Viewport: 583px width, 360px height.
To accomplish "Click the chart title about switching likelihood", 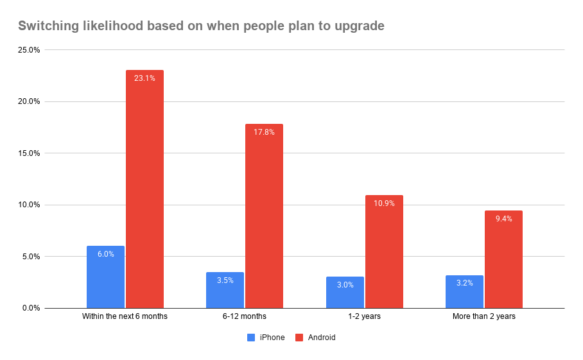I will [200, 26].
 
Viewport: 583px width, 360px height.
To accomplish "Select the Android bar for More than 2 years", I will [503, 259].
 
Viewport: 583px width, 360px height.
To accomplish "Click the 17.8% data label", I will [264, 132].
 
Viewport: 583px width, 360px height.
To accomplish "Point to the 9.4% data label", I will [503, 219].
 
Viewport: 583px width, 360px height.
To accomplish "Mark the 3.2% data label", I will [464, 283].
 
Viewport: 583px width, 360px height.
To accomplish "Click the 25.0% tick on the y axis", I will [28, 50].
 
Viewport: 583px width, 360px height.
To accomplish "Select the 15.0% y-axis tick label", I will [28, 153].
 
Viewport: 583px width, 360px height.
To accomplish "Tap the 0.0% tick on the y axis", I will [30, 308].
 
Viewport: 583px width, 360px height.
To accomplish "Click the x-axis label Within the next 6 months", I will [125, 316].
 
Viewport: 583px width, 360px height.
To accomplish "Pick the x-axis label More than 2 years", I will [483, 316].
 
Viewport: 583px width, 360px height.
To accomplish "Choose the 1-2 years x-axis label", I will [364, 316].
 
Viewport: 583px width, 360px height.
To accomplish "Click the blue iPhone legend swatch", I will [251, 338].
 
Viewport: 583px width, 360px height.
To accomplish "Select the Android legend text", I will [322, 338].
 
